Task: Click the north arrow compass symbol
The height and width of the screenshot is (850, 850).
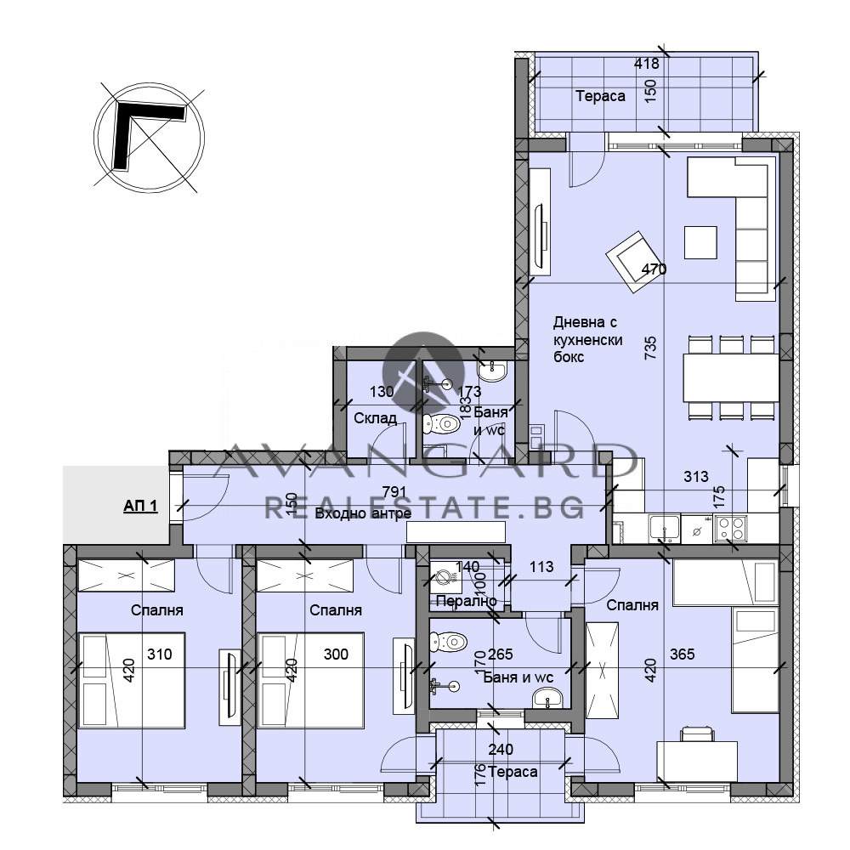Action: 150,136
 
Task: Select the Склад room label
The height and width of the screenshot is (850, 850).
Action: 375,418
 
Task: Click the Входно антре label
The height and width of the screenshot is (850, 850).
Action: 363,513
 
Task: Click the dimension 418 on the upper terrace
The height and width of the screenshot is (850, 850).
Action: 648,62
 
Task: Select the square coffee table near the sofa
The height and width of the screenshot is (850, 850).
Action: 701,241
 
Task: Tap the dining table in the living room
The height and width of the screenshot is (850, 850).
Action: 731,377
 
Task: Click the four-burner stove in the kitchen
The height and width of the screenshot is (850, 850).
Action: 732,530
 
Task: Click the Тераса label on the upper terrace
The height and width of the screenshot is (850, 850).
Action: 600,96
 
